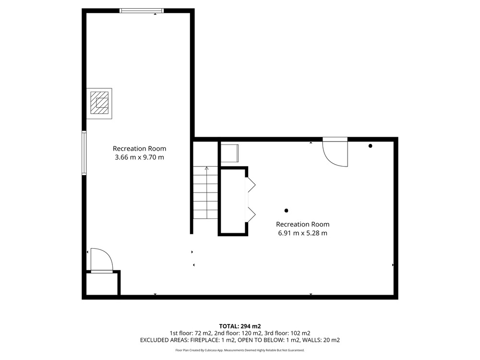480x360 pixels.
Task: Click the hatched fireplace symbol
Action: click(99, 103)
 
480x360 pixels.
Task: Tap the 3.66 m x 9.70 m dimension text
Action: click(139, 157)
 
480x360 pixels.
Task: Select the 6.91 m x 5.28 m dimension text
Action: click(302, 233)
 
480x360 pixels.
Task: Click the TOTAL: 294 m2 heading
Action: click(240, 326)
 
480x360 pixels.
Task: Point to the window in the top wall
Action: click(142, 11)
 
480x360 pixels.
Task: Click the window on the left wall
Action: click(84, 153)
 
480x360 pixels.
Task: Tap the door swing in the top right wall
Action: click(335, 153)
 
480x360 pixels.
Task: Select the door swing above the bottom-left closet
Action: click(102, 260)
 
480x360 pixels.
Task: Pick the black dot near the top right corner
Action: click(370, 146)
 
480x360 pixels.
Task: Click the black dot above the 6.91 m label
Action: click(286, 211)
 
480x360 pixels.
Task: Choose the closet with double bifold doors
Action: click(233, 201)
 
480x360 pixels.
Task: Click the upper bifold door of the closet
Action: click(252, 185)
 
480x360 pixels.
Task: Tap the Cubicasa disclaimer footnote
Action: click(240, 350)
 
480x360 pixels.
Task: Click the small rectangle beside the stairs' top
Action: click(229, 153)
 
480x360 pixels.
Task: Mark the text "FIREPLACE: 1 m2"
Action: click(213, 340)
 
